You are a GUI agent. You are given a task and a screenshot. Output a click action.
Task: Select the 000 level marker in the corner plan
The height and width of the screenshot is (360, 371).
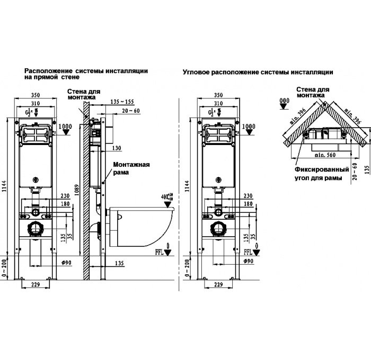285,100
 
